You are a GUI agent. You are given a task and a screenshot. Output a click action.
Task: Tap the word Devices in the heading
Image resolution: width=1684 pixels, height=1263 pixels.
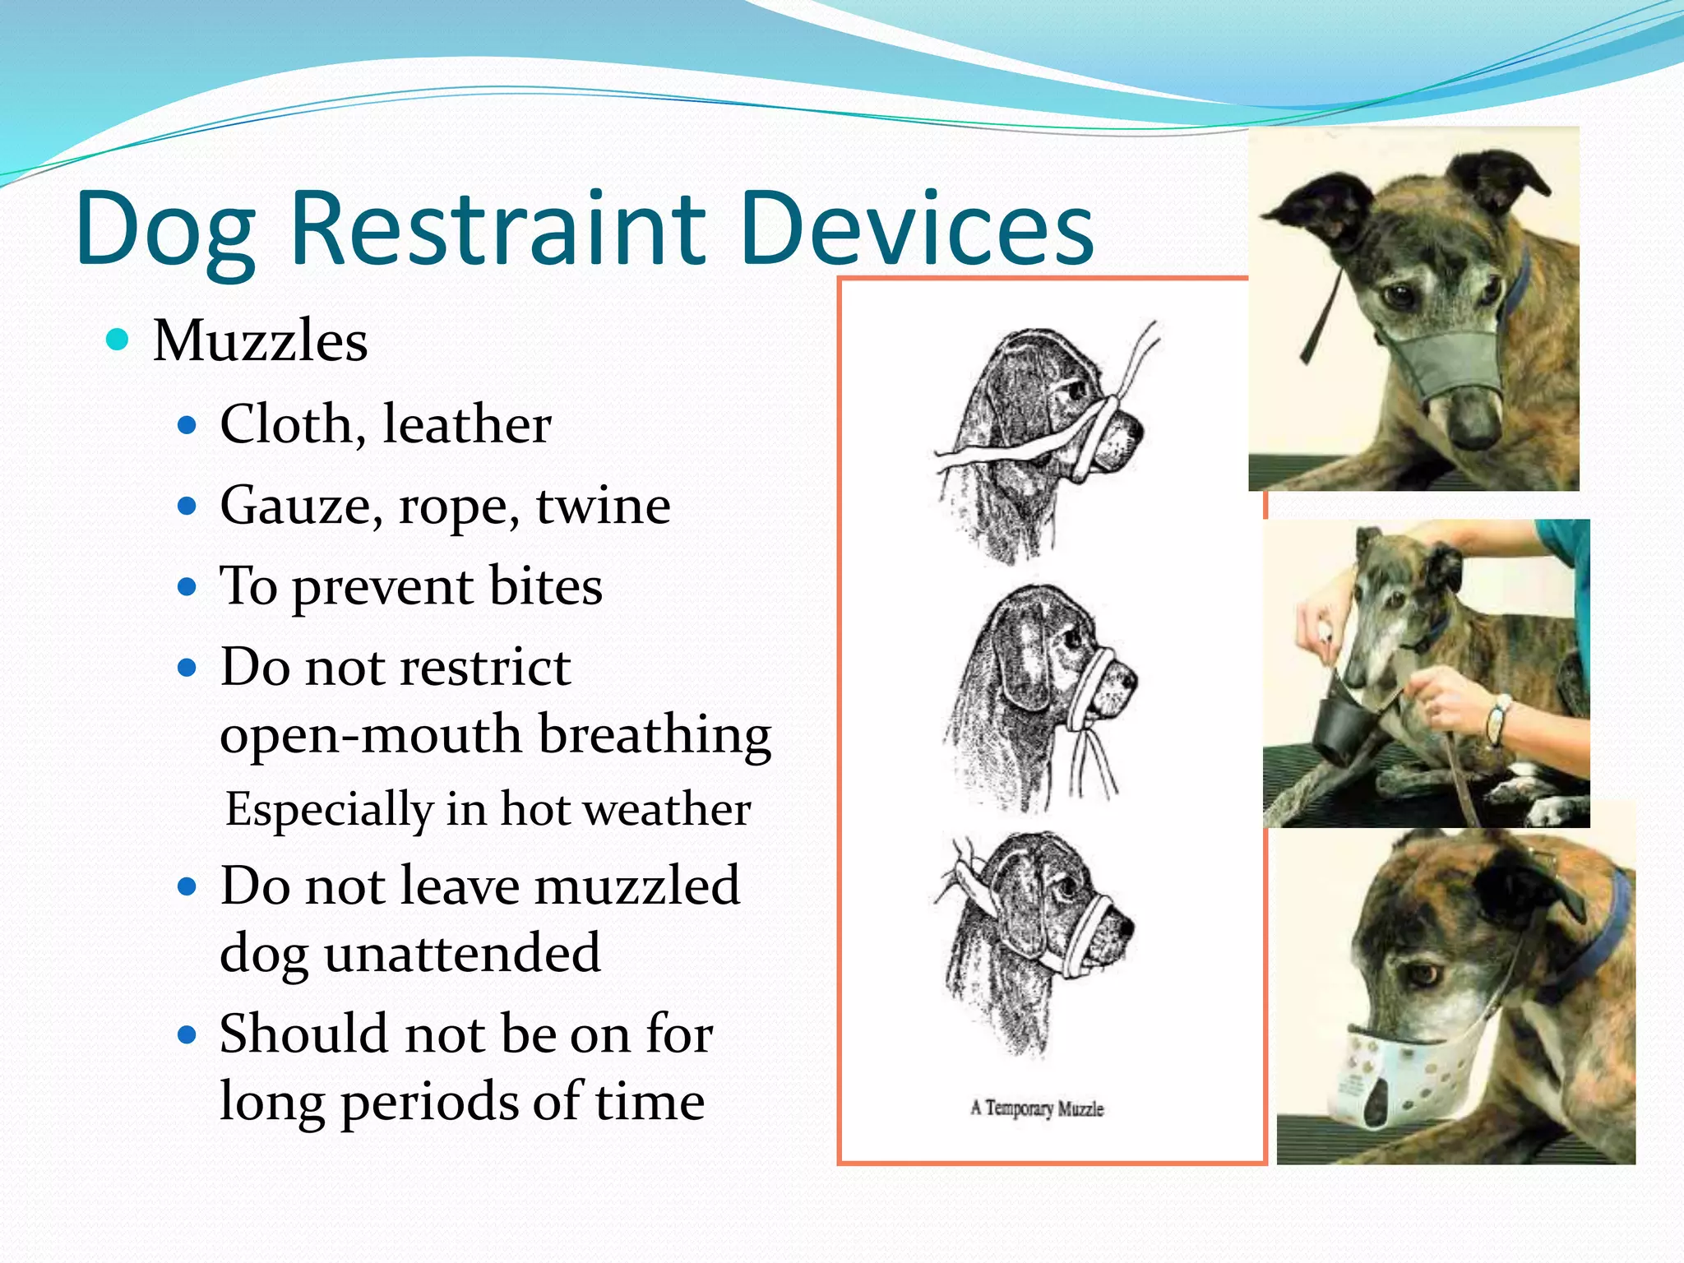coord(916,228)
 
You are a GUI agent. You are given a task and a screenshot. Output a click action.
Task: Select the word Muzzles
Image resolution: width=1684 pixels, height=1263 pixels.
coord(260,340)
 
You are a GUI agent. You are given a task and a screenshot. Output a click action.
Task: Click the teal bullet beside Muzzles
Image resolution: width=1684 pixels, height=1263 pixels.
coord(118,339)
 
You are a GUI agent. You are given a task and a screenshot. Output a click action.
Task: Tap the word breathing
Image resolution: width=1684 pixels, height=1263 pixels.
coord(655,733)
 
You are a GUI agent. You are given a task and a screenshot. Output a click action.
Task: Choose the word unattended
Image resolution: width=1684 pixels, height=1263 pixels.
coord(462,953)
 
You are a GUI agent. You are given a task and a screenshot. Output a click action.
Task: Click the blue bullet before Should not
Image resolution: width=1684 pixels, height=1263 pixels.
coord(187,1034)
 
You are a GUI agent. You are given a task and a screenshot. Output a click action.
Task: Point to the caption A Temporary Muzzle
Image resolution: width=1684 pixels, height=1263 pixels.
coord(1036,1108)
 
